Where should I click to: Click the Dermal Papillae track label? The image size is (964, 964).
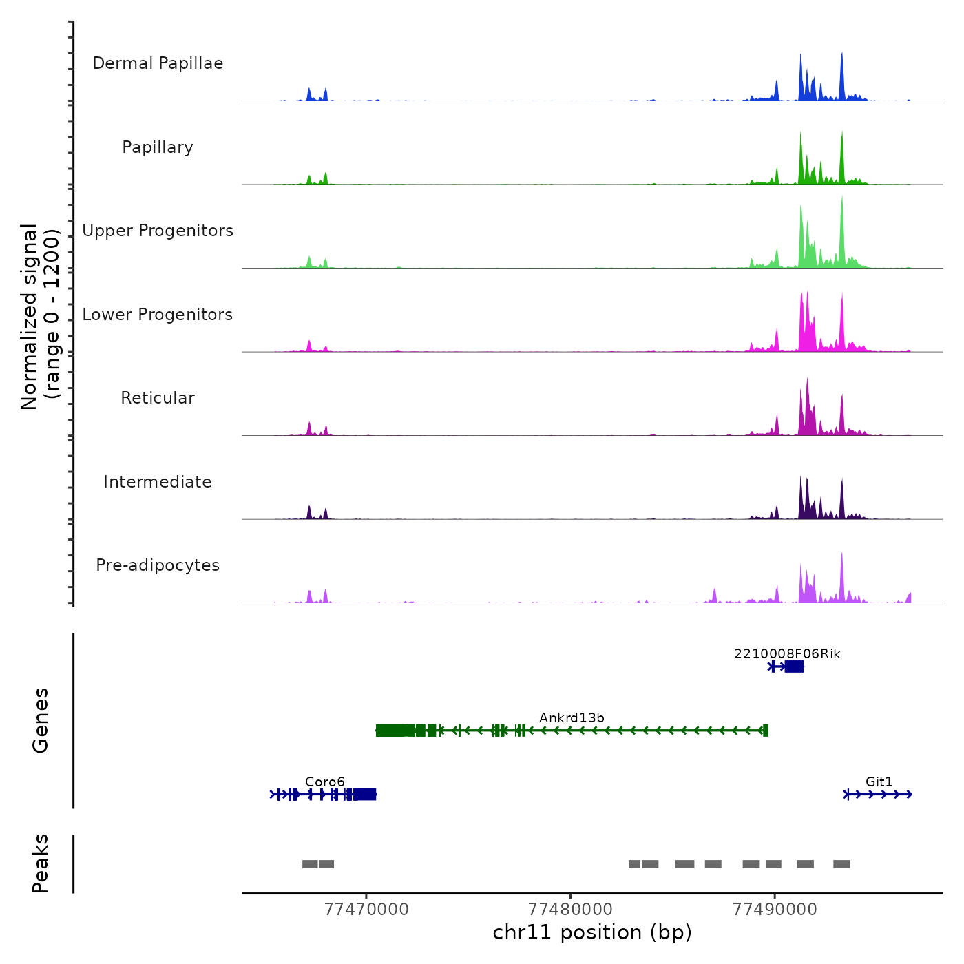158,63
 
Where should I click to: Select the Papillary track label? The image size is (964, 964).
158,147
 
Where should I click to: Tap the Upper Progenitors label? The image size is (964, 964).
158,231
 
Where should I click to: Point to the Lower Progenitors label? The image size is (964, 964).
158,315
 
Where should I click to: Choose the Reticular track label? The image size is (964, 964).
158,398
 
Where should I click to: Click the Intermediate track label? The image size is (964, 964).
158,482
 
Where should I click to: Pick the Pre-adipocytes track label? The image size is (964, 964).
158,565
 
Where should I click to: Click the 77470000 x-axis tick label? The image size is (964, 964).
366,910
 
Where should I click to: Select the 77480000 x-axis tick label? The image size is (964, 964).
570,910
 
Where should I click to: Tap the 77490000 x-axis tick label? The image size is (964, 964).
775,910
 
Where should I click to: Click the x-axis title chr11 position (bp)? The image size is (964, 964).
592,933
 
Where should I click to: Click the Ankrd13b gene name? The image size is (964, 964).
572,718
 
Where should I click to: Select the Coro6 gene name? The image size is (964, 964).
324,782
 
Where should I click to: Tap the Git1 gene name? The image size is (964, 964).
879,782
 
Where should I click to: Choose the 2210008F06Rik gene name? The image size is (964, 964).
787,654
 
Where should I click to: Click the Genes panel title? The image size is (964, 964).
41,720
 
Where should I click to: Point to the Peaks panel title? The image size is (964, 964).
41,863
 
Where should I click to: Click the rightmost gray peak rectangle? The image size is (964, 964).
841,864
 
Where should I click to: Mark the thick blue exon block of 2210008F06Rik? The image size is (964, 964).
794,667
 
